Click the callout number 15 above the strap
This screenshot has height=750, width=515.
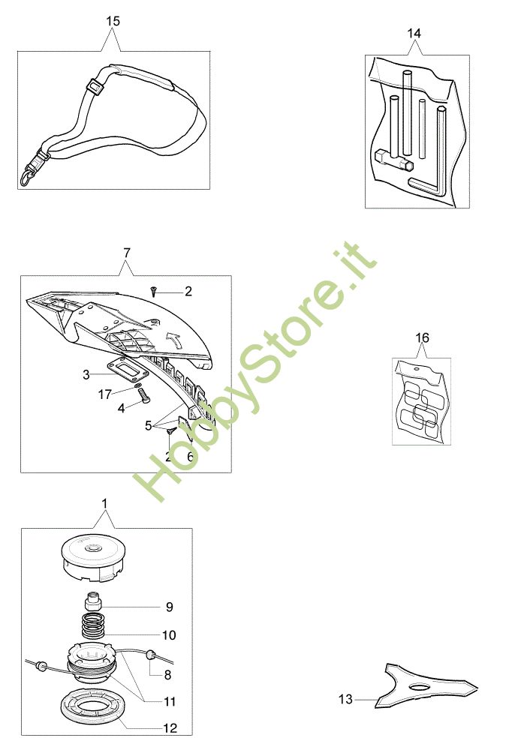tap(113, 21)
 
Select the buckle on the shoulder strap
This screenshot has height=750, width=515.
tap(95, 88)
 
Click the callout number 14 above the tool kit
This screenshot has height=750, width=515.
tap(414, 34)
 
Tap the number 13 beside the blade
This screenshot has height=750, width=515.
tap(345, 699)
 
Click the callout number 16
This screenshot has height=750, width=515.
tap(422, 337)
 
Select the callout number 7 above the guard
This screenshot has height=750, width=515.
tap(126, 253)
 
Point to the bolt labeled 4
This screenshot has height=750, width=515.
tap(143, 397)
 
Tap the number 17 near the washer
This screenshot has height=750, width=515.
tap(105, 394)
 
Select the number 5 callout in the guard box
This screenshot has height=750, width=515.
tap(149, 424)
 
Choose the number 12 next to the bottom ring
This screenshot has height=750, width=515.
tap(170, 728)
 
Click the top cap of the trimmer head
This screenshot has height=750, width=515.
tap(95, 557)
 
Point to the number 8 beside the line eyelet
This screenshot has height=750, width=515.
tap(167, 675)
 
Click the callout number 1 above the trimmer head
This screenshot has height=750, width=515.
tap(105, 503)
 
